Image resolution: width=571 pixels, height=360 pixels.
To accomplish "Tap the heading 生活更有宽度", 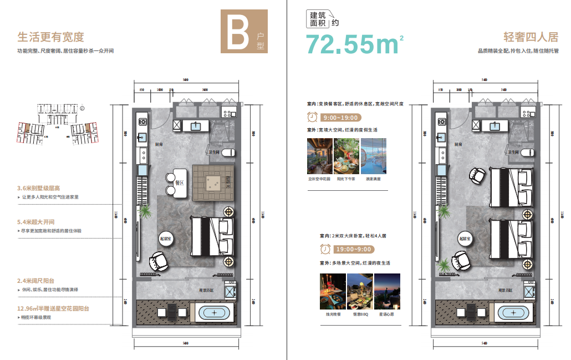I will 51,37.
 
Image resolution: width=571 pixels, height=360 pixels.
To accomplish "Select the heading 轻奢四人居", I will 531,37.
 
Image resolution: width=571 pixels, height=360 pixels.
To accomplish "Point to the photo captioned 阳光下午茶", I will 346,156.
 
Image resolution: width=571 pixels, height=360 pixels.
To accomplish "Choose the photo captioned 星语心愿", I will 386,291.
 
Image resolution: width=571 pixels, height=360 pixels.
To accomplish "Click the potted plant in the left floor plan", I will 146,212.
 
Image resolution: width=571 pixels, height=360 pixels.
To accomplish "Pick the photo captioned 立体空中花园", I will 319,156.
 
